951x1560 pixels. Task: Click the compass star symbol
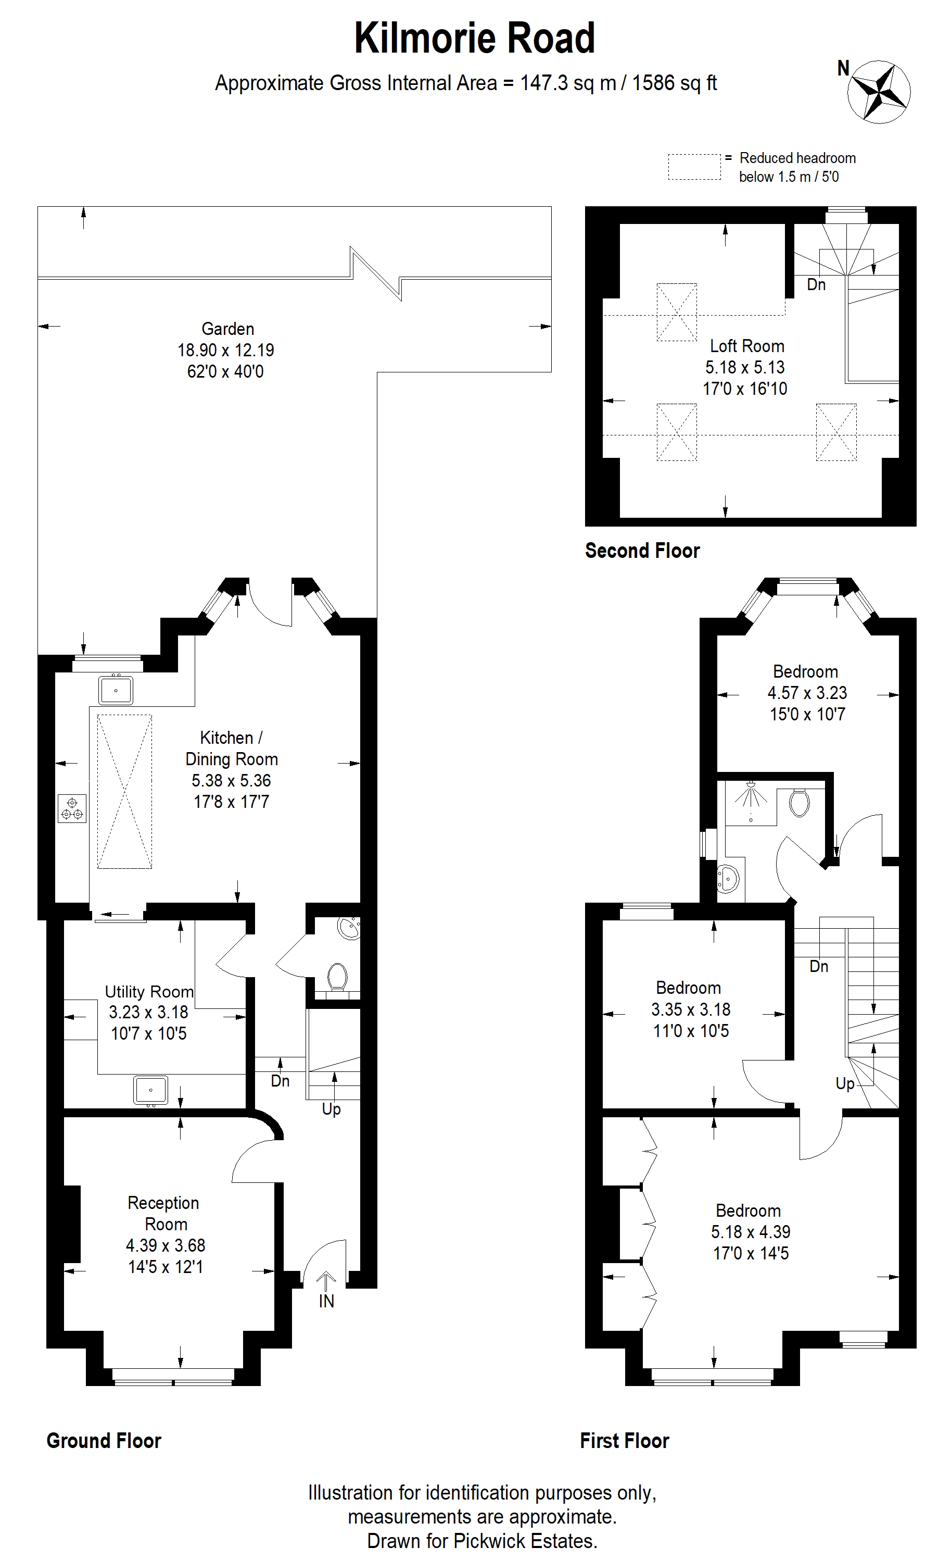[x=879, y=92]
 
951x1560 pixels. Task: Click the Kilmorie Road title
[x=475, y=38]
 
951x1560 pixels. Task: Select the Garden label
[x=228, y=329]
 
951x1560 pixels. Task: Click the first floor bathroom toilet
[x=800, y=803]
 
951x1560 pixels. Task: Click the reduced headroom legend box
[x=694, y=167]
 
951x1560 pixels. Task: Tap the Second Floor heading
[x=642, y=550]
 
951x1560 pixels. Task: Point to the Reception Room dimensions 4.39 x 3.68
[x=166, y=1245]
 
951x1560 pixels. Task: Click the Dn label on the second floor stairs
[x=816, y=285]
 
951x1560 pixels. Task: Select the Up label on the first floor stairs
[x=845, y=1083]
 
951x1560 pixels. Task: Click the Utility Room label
[x=149, y=991]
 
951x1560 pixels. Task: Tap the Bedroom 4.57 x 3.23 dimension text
[x=807, y=693]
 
